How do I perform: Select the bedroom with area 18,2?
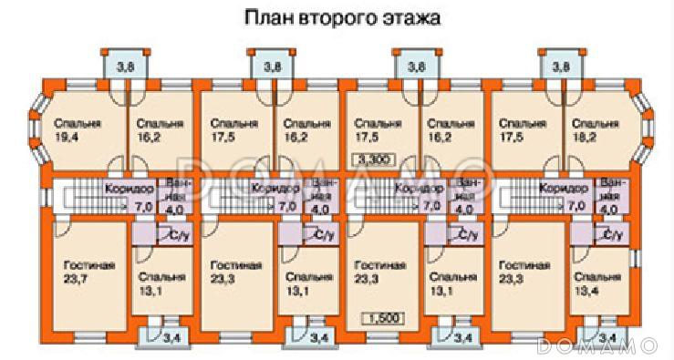pos(598,129)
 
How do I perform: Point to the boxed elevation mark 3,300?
pos(376,159)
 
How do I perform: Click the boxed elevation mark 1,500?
pos(384,318)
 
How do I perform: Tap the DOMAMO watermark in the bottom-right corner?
pos(597,345)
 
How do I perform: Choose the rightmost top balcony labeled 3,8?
pos(560,66)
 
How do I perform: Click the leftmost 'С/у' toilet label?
pos(177,235)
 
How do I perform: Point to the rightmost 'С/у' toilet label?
pos(612,235)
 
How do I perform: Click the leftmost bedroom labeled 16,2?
pos(159,129)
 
